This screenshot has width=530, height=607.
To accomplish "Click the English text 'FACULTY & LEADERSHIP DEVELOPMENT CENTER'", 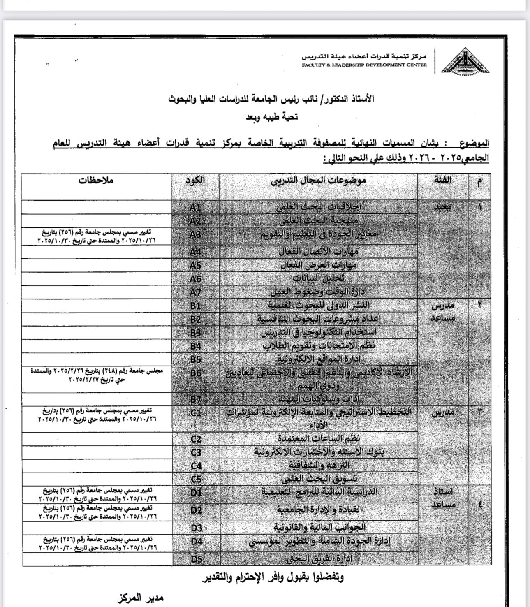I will click(x=364, y=65).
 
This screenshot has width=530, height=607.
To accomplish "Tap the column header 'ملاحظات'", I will click(x=96, y=180).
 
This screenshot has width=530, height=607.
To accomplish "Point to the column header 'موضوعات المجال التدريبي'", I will click(x=318, y=180).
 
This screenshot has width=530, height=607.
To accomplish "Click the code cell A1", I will click(x=195, y=207).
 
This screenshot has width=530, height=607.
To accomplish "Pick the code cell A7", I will click(x=195, y=292).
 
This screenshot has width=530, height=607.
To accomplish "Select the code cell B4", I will click(x=195, y=346).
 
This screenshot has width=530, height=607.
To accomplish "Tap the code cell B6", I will click(x=195, y=373).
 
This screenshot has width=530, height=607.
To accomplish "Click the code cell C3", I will click(x=196, y=452).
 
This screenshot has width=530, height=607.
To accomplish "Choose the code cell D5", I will click(x=196, y=558).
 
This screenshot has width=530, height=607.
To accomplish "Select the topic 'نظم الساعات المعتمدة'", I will click(x=319, y=438).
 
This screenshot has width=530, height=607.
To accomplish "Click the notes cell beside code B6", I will click(x=96, y=375).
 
